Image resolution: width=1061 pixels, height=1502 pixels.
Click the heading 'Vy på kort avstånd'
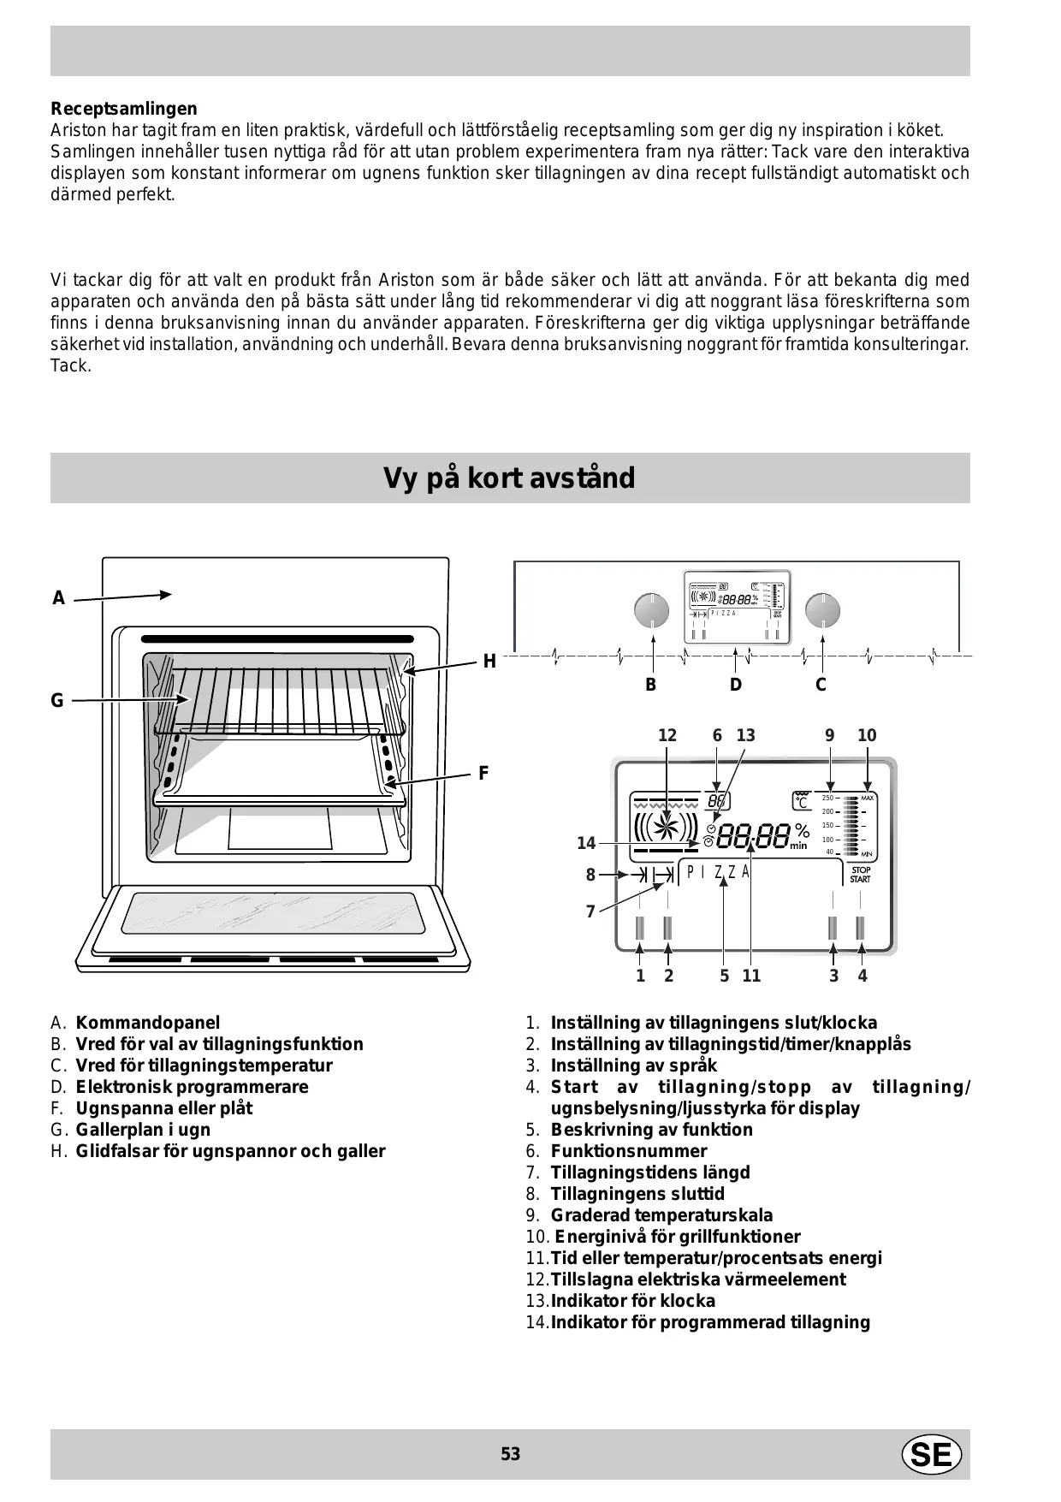tap(509, 478)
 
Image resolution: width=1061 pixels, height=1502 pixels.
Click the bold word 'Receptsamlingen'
tap(123, 109)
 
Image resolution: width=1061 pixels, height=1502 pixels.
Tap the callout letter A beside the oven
tap(58, 598)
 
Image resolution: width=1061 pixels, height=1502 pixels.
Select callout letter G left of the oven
tap(57, 701)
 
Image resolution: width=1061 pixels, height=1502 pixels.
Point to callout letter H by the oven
tap(489, 662)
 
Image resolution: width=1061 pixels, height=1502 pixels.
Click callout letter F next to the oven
tap(483, 774)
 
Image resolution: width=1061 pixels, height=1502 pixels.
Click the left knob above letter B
tap(651, 610)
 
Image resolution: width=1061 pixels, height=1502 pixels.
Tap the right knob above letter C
tap(822, 610)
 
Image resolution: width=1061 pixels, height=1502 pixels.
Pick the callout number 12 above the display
tap(667, 735)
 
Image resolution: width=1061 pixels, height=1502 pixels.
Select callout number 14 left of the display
tap(586, 843)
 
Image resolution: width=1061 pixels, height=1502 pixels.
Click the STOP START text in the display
tap(860, 875)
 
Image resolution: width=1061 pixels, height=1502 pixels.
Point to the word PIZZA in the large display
tap(718, 872)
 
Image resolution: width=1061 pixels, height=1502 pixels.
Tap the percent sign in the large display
tap(801, 830)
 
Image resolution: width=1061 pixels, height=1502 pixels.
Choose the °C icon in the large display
tap(802, 800)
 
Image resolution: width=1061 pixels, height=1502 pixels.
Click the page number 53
tap(510, 1454)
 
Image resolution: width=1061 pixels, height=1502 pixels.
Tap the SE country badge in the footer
tap(931, 1454)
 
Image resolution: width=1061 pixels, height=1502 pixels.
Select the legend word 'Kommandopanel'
tap(147, 1023)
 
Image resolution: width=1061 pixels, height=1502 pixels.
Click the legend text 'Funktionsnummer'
tap(629, 1151)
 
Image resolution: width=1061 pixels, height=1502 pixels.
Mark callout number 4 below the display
tap(862, 976)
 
